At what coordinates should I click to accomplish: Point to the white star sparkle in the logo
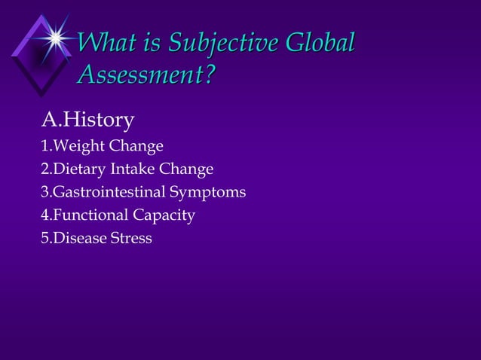54,35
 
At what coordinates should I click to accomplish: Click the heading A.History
87,119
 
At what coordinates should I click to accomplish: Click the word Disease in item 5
79,239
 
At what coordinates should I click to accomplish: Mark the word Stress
131,239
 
